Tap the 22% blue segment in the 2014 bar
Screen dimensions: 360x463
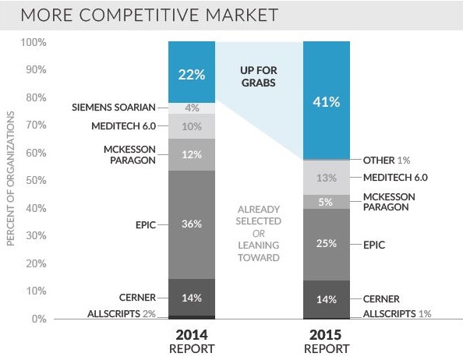192,75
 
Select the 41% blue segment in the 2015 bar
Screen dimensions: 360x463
325,101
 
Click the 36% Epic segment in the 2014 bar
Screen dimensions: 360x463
192,224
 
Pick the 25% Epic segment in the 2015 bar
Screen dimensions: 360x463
325,244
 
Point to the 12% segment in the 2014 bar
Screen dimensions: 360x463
192,154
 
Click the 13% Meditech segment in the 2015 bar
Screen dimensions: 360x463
325,178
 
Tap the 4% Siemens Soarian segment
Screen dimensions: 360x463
192,108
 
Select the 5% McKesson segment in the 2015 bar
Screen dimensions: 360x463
325,202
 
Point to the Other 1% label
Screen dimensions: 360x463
390,160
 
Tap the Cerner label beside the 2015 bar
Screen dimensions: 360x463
381,298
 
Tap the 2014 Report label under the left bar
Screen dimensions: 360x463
192,341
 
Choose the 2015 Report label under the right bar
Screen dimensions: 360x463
325,341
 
